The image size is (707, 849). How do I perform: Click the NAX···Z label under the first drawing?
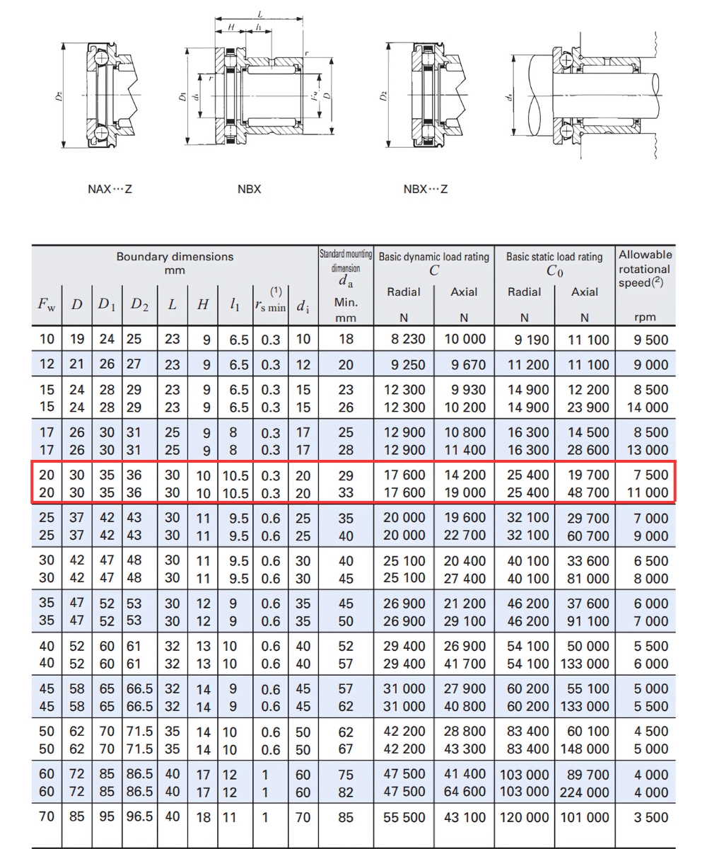[x=110, y=189]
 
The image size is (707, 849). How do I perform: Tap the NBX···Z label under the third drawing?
[x=425, y=189]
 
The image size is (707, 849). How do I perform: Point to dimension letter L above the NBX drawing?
[x=260, y=13]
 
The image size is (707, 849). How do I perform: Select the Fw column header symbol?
[x=47, y=305]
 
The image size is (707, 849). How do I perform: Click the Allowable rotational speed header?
[x=645, y=268]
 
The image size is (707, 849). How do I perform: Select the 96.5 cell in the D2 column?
[x=139, y=816]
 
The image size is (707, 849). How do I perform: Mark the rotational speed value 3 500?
[x=650, y=817]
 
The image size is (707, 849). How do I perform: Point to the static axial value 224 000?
[x=585, y=792]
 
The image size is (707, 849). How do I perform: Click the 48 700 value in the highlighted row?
[x=589, y=492]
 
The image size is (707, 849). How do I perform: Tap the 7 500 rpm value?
[x=650, y=475]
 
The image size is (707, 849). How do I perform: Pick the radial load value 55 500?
[x=404, y=817]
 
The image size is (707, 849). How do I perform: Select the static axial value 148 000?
[x=585, y=749]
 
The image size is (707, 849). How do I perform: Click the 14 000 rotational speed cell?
[x=647, y=408]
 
